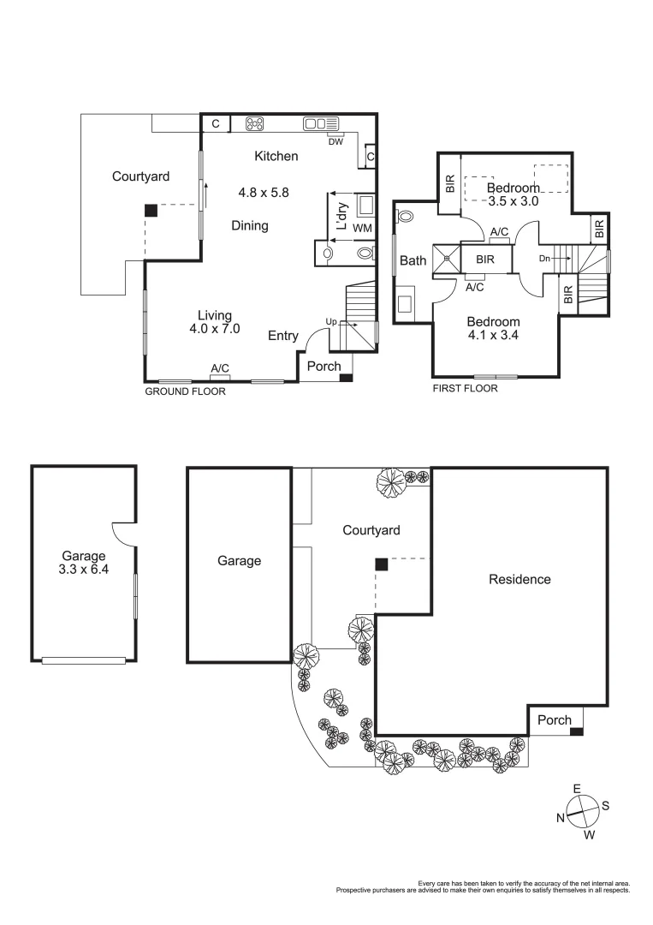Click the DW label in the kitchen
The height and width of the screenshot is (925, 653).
click(335, 141)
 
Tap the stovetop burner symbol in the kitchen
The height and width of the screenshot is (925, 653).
click(255, 124)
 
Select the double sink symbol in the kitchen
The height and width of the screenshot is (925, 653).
click(321, 124)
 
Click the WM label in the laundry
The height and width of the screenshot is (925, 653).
click(362, 228)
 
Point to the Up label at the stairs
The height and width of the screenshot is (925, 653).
click(330, 322)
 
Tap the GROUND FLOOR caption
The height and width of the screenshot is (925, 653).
click(185, 391)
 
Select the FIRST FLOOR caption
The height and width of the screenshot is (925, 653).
click(466, 388)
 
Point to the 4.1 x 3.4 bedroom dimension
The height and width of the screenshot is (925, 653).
click(492, 336)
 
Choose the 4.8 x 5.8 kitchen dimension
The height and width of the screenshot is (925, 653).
click(264, 193)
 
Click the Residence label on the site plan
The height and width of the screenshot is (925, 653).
click(519, 579)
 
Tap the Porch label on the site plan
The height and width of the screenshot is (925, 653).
click(554, 720)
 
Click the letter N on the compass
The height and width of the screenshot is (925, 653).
click(561, 818)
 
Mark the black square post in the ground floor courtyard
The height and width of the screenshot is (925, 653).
click(151, 210)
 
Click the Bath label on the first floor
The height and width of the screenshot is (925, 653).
click(413, 260)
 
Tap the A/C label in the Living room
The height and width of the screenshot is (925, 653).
click(221, 368)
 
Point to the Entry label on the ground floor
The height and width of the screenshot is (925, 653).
click(283, 336)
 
